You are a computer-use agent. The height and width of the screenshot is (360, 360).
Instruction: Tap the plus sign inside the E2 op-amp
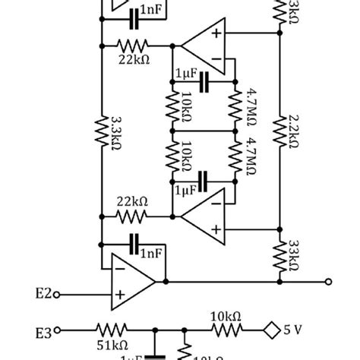click(x=119, y=294)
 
